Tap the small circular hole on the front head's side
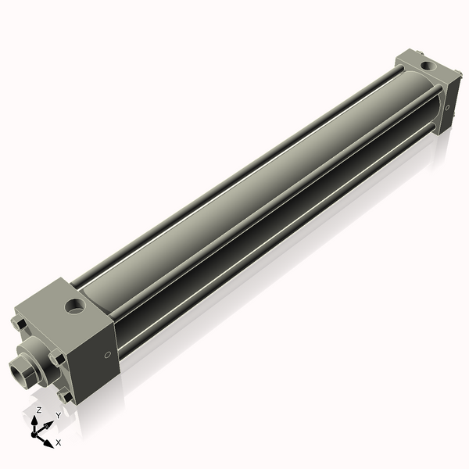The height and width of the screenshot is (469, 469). pyautogui.click(x=107, y=355)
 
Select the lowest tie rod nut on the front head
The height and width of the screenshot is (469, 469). pyautogui.click(x=69, y=398)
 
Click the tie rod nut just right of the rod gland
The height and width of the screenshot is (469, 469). pyautogui.click(x=57, y=357)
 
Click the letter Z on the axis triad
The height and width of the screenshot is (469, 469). pyautogui.click(x=38, y=410)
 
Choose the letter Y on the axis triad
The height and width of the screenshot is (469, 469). pyautogui.click(x=58, y=414)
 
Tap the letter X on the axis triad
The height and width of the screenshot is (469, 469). pyautogui.click(x=59, y=442)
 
